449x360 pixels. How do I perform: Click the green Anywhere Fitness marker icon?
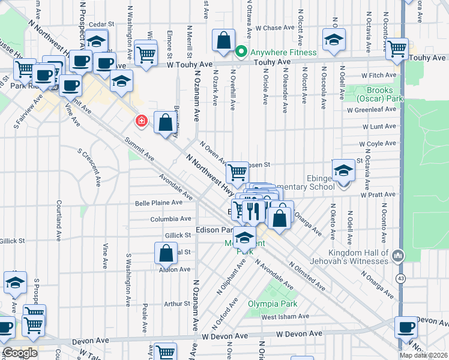242,52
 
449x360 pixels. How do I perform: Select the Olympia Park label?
273,304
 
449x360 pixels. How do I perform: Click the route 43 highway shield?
400,279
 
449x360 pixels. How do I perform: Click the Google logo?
20,353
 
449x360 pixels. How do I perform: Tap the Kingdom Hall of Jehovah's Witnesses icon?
397,257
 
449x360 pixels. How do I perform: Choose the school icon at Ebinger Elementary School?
343,171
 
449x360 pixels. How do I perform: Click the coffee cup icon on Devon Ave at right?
406,328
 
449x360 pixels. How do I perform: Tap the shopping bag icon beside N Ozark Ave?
223,40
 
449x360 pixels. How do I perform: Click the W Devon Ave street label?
299,333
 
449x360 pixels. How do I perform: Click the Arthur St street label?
177,304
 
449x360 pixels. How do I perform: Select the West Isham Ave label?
285,317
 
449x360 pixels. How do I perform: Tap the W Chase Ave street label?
274,28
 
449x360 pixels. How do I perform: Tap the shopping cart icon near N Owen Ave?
237,172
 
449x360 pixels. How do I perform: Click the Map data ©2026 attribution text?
424,355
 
